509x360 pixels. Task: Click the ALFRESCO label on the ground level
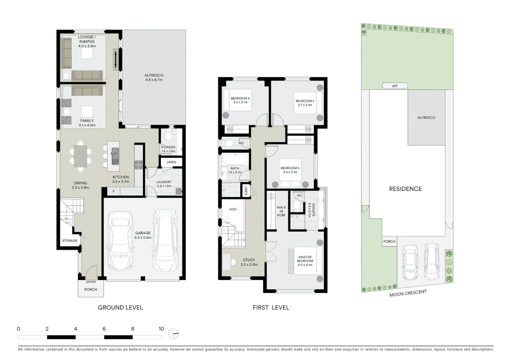154,77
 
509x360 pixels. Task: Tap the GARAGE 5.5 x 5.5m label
143,235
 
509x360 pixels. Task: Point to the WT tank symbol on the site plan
395,86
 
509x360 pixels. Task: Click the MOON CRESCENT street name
408,293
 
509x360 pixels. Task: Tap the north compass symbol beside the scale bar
174,333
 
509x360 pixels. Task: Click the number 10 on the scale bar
161,329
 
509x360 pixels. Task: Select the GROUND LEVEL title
120,307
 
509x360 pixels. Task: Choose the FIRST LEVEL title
271,307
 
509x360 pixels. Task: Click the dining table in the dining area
80,156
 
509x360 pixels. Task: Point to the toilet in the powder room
169,135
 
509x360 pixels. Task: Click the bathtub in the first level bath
235,159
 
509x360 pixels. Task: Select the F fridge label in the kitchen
114,191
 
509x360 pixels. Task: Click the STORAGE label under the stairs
70,240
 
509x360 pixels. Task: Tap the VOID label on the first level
233,209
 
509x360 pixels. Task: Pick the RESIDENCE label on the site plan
405,189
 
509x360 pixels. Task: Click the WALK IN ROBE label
281,211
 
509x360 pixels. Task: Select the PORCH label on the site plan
389,241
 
